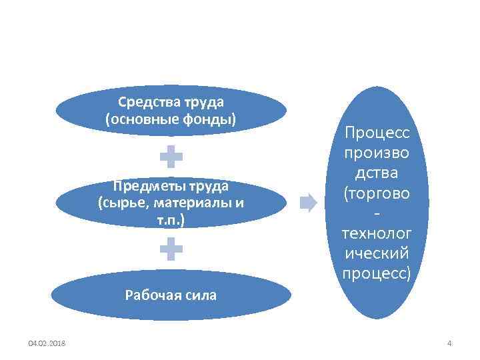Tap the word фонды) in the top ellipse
pyautogui.click(x=212, y=119)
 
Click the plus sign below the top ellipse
pyautogui.click(x=171, y=156)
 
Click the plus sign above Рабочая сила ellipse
pyautogui.click(x=171, y=250)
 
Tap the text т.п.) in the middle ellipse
pyautogui.click(x=171, y=219)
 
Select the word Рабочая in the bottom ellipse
pyautogui.click(x=151, y=295)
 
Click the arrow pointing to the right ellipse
pyautogui.click(x=309, y=202)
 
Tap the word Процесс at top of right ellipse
pyautogui.click(x=377, y=135)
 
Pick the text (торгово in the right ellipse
pyautogui.click(x=377, y=194)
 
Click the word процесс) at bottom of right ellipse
pyautogui.click(x=377, y=273)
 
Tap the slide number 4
pyautogui.click(x=449, y=343)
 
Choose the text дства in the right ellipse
pyautogui.click(x=377, y=174)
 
